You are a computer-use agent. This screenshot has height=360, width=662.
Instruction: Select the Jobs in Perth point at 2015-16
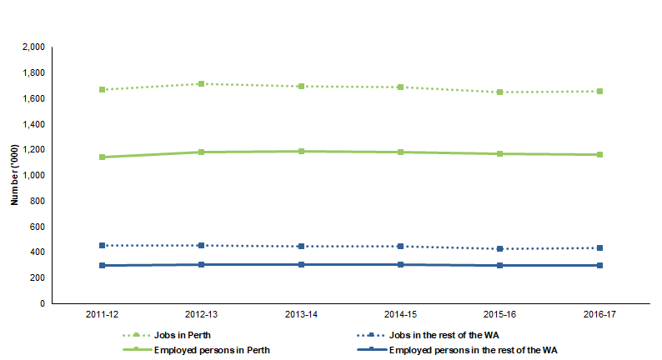(x=499, y=92)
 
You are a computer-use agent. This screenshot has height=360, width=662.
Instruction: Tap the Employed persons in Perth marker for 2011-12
(x=103, y=157)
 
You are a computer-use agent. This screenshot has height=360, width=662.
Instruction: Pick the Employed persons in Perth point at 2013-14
(x=301, y=152)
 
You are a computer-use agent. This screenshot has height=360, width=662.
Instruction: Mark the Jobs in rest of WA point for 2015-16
(x=499, y=248)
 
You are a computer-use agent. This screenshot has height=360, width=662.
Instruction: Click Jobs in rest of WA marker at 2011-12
(x=103, y=245)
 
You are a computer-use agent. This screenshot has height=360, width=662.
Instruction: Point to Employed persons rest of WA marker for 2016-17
(x=599, y=265)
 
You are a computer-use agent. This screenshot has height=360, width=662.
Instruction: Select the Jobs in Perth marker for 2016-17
(x=599, y=91)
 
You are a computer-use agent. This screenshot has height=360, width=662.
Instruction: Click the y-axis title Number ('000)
(x=14, y=175)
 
